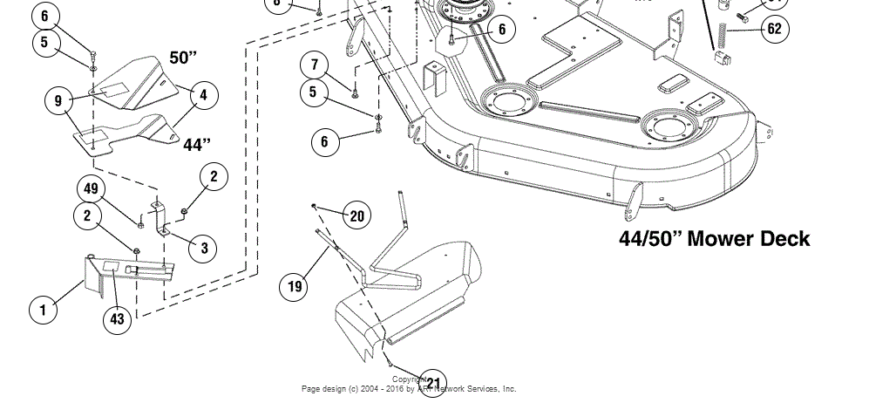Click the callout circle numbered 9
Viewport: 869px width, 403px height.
point(58,101)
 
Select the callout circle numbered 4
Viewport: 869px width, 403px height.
point(204,95)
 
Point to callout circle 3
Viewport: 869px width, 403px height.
point(204,249)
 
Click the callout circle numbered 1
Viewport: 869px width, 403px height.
point(41,309)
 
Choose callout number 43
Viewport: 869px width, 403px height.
point(117,319)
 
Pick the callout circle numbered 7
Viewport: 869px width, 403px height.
point(315,64)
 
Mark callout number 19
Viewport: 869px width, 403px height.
point(295,285)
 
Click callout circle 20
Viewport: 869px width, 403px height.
point(356,215)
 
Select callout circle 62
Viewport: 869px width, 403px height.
point(773,28)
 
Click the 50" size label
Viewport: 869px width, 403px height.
point(183,58)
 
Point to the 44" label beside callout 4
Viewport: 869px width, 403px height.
point(198,144)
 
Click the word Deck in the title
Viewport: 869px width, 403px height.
point(778,239)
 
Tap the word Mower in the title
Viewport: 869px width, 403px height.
point(711,239)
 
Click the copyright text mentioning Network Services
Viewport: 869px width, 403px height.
point(410,389)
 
